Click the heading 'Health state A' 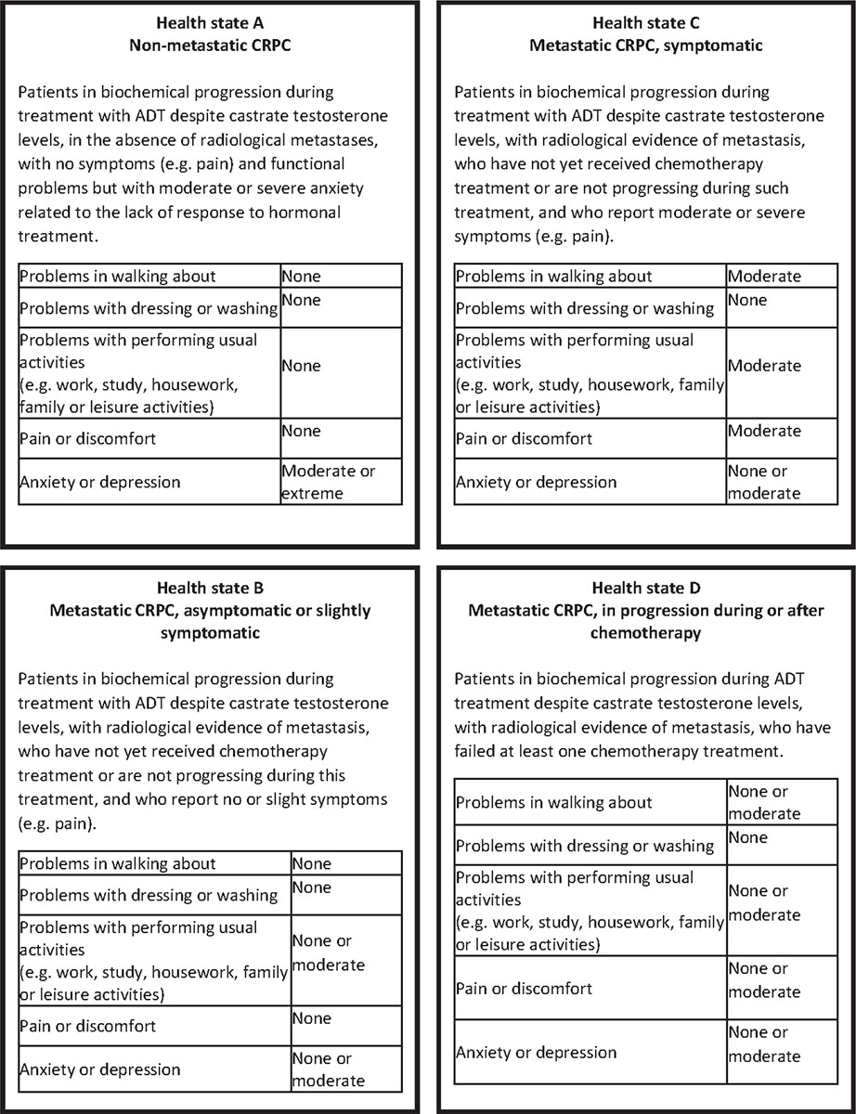(211, 22)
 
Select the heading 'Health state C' (646, 22)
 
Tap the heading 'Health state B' (211, 589)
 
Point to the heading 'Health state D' (646, 589)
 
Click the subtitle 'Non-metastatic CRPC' (211, 45)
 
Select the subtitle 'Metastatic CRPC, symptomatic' (646, 45)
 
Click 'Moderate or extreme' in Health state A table (329, 482)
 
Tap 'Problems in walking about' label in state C (553, 276)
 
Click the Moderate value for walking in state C (764, 276)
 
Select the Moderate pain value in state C (764, 431)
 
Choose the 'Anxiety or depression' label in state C (536, 482)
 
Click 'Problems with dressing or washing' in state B (149, 895)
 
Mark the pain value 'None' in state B (312, 1018)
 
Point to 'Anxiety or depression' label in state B (100, 1069)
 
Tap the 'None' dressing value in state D (748, 838)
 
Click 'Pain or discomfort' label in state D (524, 988)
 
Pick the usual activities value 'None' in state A (301, 366)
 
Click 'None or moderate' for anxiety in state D (764, 1044)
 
